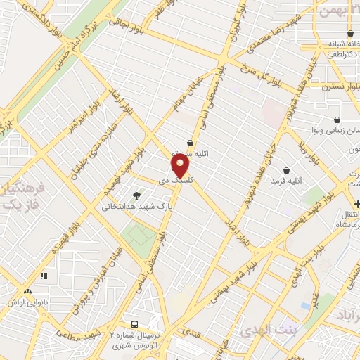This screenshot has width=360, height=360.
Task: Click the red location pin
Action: coord(181,165)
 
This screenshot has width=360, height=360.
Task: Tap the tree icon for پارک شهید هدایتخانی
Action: coord(136,195)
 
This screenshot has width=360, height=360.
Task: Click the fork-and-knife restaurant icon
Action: coord(44,276)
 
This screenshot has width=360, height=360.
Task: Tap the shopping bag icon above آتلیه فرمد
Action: coord(286,170)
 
